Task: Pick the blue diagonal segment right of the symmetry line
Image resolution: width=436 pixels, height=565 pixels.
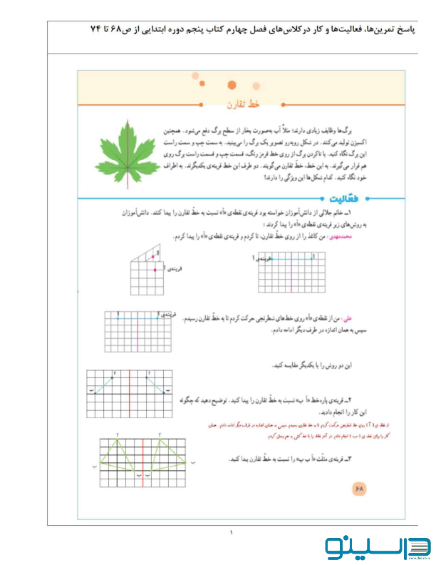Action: pyautogui.click(x=157, y=383)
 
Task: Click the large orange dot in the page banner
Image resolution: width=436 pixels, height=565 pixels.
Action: pyautogui.click(x=231, y=85)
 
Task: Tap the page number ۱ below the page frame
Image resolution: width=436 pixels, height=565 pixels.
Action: pyautogui.click(x=231, y=532)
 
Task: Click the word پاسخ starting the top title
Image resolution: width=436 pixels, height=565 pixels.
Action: pyautogui.click(x=412, y=29)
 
